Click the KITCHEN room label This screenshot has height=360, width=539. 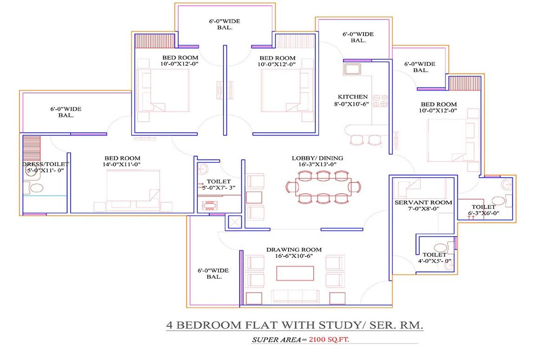pos(352,97)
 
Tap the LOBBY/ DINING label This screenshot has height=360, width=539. pos(317,158)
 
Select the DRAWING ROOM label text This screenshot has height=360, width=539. pos(294,250)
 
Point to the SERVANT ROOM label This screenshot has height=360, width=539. pos(423,203)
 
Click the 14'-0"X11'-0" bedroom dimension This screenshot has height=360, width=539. pos(122,164)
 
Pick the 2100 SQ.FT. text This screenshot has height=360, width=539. pos(329,340)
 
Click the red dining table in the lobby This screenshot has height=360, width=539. pos(323,187)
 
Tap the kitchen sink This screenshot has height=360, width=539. pos(352,69)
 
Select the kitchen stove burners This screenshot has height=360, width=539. pos(380,101)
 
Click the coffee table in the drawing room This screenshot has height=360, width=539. pos(295,273)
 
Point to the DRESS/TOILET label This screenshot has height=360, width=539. pos(46,164)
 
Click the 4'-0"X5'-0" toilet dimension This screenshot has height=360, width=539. pos(434,261)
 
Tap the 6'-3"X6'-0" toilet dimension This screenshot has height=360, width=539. pos(484,213)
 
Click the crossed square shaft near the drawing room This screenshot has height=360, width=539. pos(235,222)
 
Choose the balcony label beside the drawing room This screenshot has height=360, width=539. pos(213,274)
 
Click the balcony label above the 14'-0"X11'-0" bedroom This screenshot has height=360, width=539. pos(66,112)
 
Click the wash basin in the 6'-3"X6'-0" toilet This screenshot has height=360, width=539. pos(506,184)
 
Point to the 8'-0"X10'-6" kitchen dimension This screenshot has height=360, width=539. pos(351,104)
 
